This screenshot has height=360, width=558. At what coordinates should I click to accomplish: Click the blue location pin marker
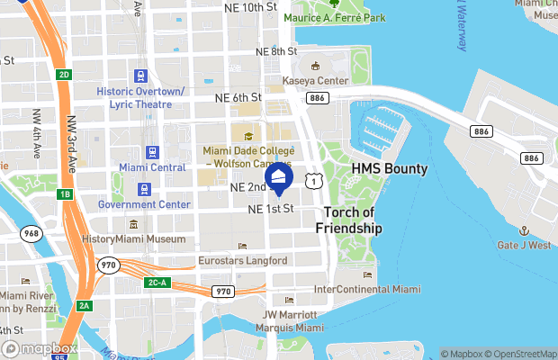click(279, 178)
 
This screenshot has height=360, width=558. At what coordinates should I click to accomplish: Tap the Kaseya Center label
click(315, 81)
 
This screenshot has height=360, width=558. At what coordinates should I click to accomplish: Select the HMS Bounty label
click(389, 169)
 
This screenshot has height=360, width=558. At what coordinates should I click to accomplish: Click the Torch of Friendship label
click(349, 220)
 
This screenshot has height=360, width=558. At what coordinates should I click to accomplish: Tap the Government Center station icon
click(144, 189)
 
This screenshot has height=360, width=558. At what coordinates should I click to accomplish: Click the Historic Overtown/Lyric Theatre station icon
click(140, 76)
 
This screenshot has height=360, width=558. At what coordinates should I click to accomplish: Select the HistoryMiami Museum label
click(133, 239)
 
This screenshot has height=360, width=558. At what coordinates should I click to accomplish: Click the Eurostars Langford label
click(242, 261)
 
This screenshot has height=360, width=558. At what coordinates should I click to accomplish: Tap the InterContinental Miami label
click(366, 289)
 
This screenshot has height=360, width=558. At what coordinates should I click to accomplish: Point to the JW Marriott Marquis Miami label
click(290, 321)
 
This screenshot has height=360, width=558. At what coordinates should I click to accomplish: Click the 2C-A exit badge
click(157, 283)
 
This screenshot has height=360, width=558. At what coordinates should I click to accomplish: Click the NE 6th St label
click(238, 97)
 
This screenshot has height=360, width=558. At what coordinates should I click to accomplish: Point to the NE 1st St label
click(271, 209)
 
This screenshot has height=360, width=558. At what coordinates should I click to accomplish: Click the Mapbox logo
click(40, 348)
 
